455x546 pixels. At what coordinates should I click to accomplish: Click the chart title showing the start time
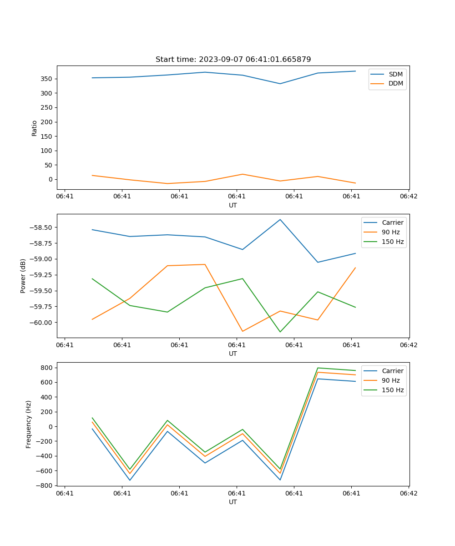coord(233,60)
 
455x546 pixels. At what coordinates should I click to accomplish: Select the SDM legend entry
coord(395,74)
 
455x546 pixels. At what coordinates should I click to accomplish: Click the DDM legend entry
coord(395,83)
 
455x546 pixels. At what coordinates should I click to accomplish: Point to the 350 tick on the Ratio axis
coord(46,79)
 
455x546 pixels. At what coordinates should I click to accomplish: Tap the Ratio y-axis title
coord(35,128)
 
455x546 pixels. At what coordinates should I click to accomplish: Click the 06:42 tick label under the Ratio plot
coord(408,197)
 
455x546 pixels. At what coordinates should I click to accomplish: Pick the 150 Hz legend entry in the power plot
coord(393,242)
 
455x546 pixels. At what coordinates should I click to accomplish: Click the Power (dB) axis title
coord(23,276)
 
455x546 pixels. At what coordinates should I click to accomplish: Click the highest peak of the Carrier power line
coord(280,220)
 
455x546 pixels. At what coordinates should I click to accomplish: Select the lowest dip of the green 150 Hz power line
coord(280,332)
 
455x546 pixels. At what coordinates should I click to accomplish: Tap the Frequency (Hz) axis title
coord(29,424)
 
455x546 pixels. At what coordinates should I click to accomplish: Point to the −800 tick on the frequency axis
coord(46,485)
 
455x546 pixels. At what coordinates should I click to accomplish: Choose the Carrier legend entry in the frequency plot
coord(392,371)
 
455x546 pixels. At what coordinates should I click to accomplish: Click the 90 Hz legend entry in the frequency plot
coord(390,380)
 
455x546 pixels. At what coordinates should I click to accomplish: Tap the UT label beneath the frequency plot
coord(233,502)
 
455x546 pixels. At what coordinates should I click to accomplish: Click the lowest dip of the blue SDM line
coord(280,84)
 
